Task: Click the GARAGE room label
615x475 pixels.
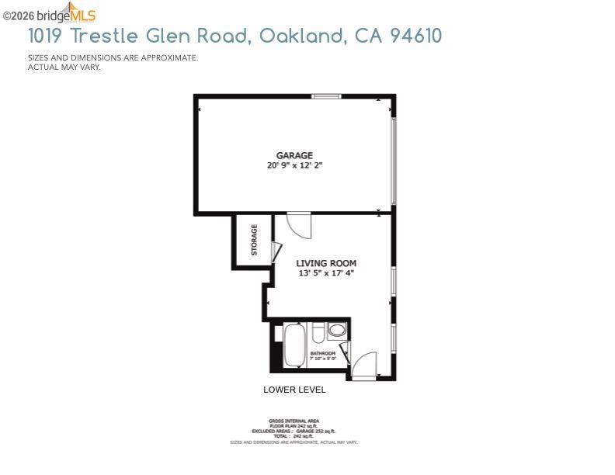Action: click(294, 155)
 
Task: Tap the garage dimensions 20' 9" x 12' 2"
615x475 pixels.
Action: click(294, 165)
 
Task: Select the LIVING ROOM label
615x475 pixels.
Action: click(326, 264)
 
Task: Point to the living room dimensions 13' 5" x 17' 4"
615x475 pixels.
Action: click(326, 273)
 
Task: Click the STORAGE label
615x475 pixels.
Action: click(254, 240)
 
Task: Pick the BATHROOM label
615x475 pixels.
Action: click(322, 353)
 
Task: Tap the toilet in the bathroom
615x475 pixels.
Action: click(318, 334)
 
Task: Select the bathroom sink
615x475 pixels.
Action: click(337, 331)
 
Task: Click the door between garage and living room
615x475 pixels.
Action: click(299, 225)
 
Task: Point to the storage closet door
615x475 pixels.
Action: click(276, 252)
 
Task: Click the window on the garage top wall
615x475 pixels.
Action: click(326, 96)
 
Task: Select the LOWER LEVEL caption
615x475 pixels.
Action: click(294, 390)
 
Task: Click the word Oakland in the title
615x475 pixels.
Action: click(302, 36)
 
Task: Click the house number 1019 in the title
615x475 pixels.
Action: click(46, 36)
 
